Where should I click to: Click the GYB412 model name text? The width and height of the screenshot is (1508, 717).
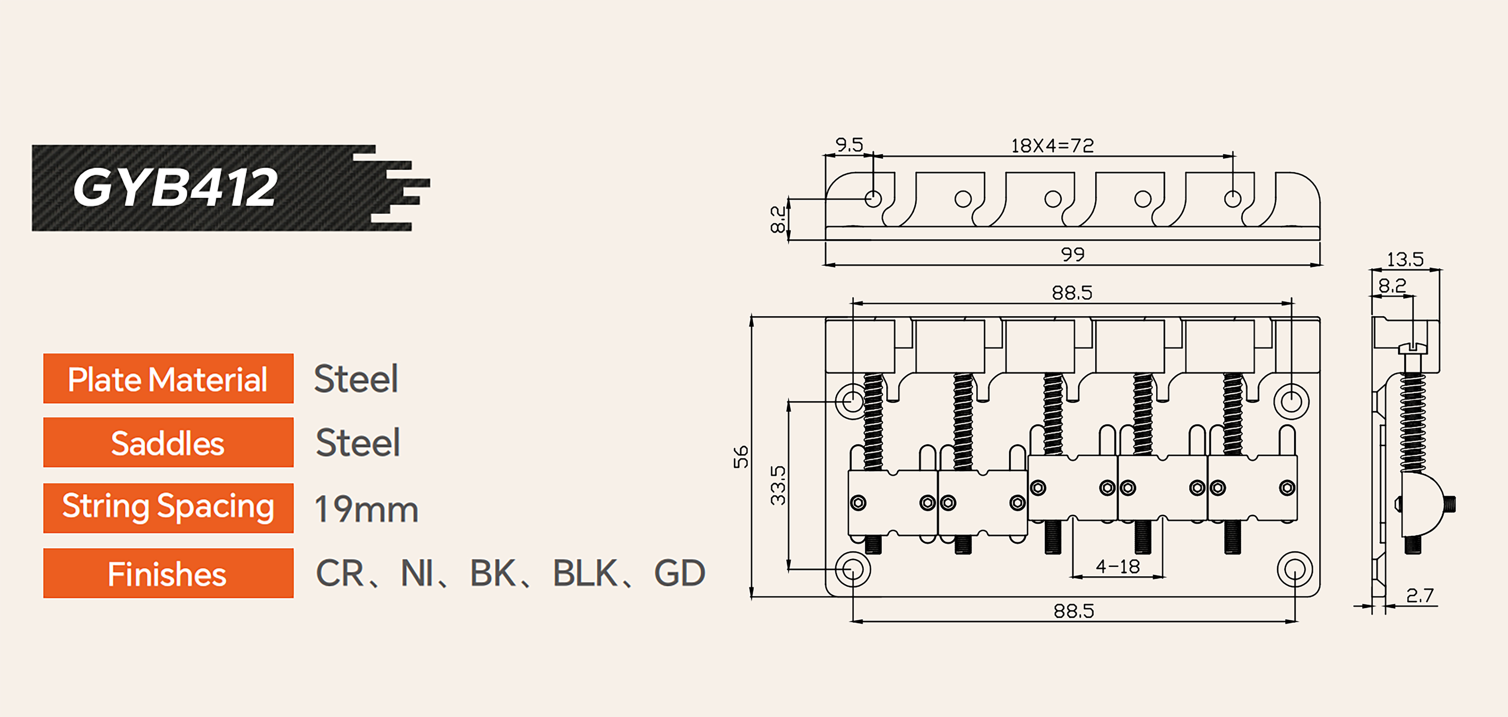point(174,188)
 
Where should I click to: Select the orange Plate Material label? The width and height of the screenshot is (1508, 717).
point(168,379)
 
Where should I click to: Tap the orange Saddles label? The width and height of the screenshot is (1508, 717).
point(168,443)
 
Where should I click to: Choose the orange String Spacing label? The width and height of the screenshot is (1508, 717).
point(168,507)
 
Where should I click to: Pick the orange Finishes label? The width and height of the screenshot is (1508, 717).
point(168,574)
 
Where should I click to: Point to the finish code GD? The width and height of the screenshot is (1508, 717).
point(679,573)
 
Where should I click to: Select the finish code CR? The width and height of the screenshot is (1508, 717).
point(340,573)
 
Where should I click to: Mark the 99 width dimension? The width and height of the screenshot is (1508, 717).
point(1073,254)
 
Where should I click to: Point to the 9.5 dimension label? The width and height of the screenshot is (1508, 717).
point(849,145)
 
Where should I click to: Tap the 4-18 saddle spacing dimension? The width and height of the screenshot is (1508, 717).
point(1118,567)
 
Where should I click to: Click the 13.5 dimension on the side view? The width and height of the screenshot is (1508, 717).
point(1405,259)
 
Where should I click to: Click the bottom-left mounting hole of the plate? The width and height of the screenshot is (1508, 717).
point(852,569)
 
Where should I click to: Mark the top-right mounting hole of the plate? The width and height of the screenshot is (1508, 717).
point(1291,401)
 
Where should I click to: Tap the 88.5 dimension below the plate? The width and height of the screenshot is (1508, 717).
point(1074,611)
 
